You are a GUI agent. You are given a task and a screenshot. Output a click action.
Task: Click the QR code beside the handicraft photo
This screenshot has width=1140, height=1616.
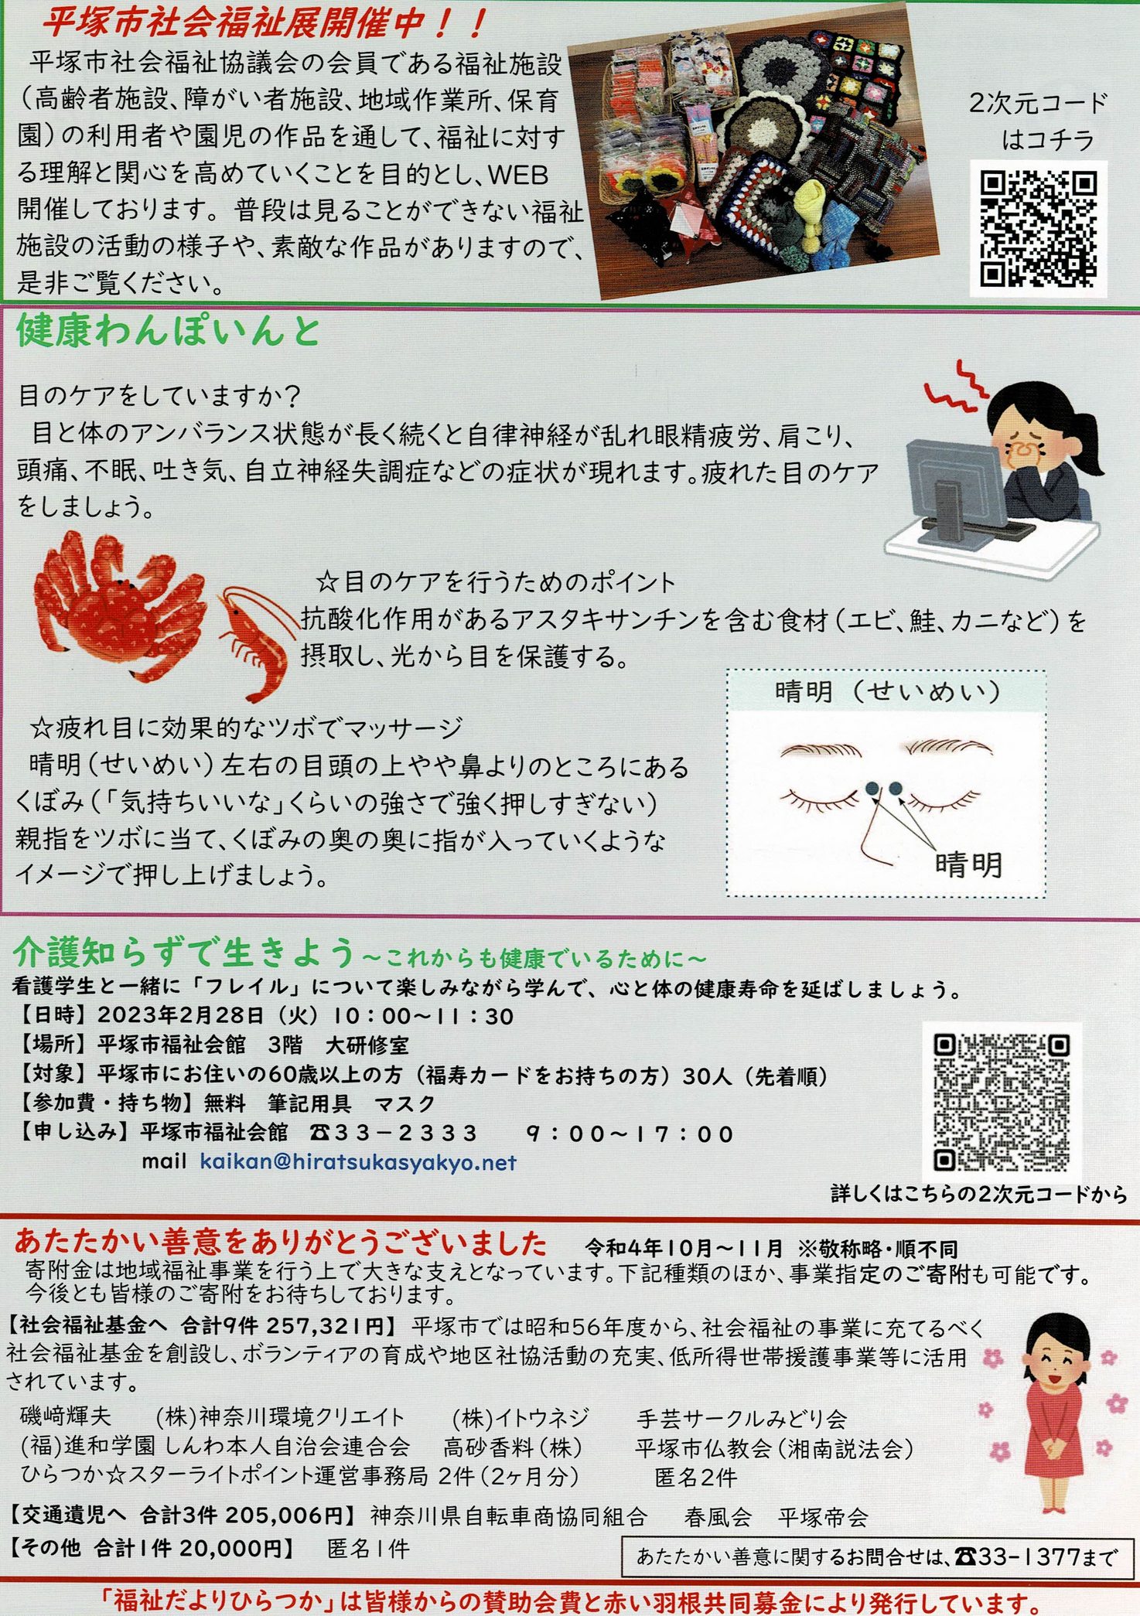pyautogui.click(x=1038, y=230)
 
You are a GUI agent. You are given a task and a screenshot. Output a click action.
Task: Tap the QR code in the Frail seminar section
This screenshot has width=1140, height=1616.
pyautogui.click(x=1002, y=1102)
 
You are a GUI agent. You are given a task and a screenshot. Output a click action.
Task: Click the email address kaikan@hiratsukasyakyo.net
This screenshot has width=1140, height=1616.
pyautogui.click(x=358, y=1162)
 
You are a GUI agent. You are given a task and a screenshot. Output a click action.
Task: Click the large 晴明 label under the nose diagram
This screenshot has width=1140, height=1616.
pyautogui.click(x=968, y=864)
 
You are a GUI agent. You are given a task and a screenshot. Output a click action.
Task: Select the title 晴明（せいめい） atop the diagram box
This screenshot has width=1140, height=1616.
pyautogui.click(x=886, y=690)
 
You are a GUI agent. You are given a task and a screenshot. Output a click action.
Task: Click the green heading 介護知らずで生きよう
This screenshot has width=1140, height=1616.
pyautogui.click(x=184, y=953)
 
